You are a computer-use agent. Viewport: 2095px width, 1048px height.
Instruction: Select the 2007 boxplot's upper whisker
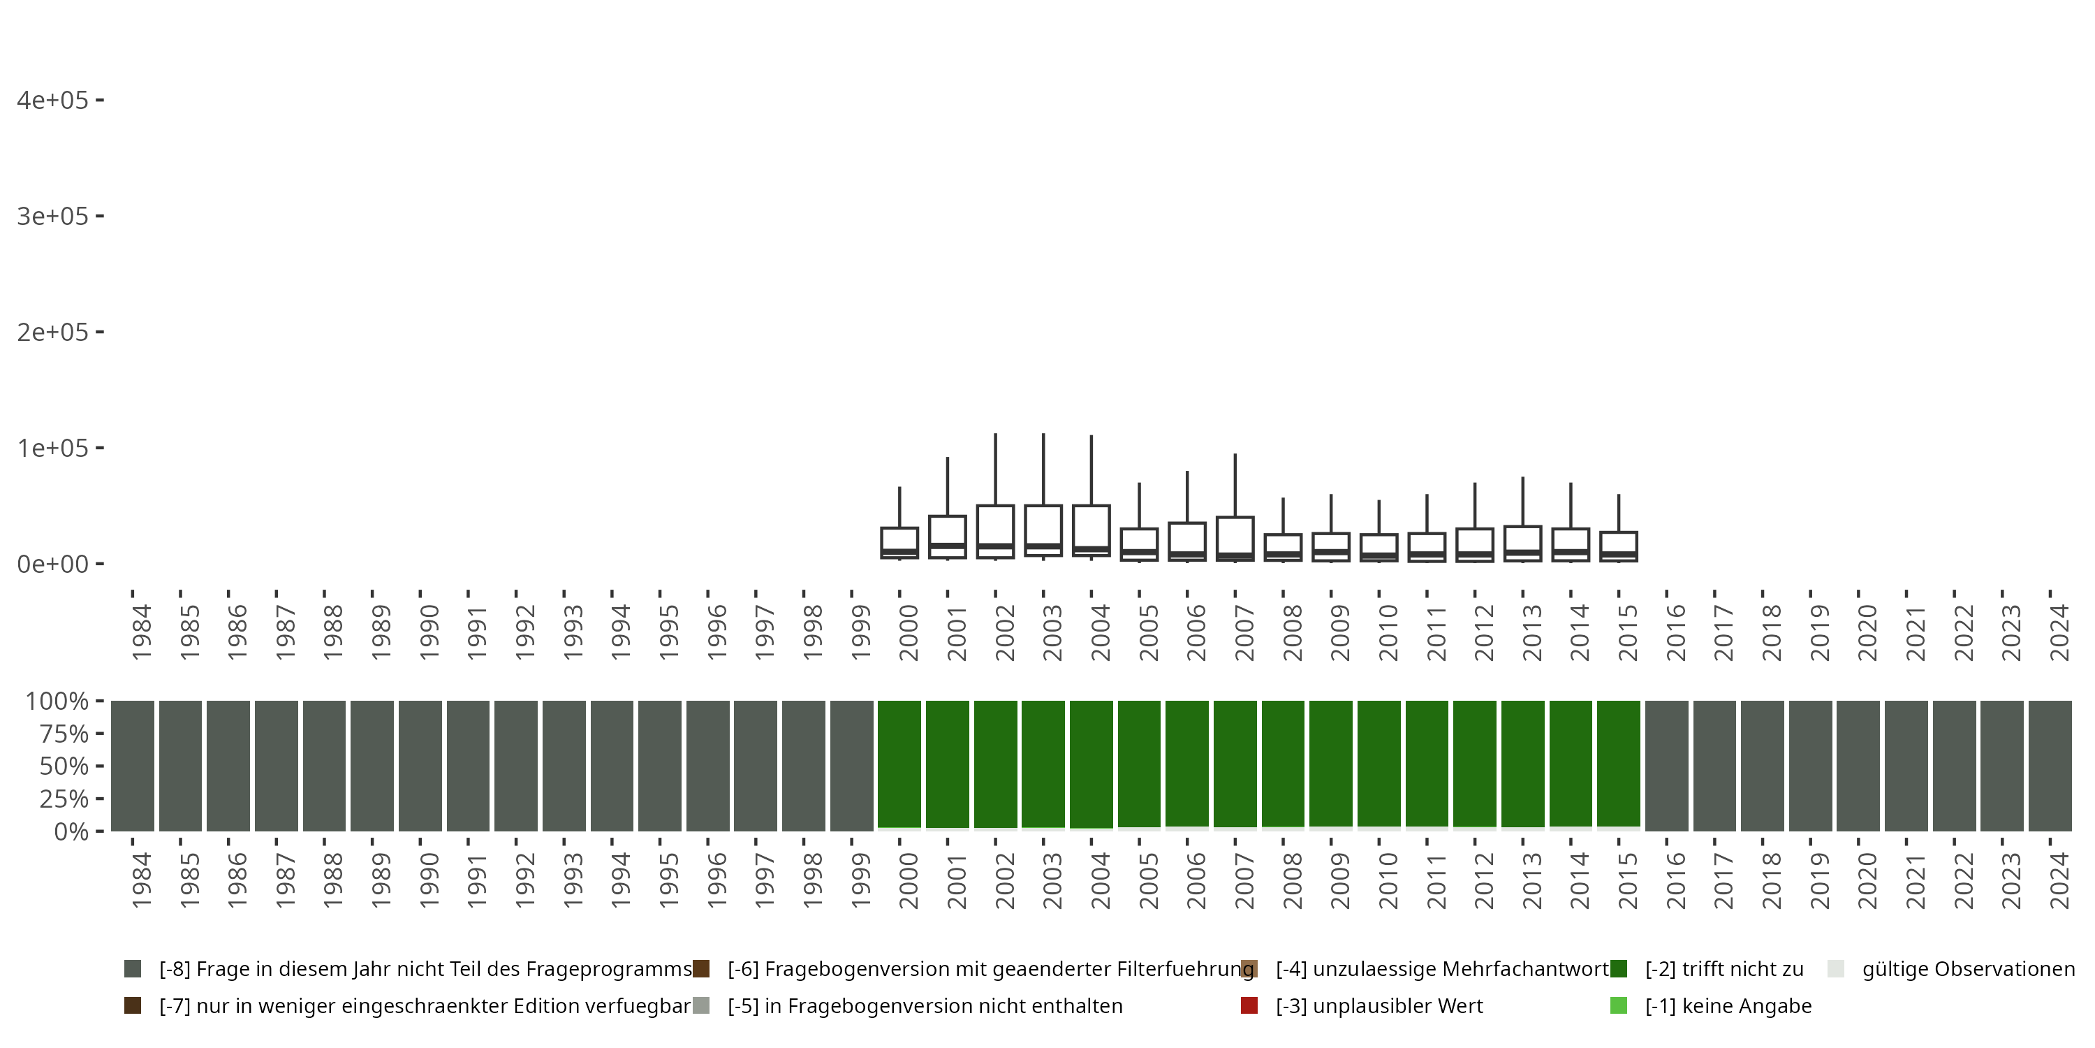(x=1235, y=485)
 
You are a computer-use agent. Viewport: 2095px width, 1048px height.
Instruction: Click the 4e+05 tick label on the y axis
(x=53, y=100)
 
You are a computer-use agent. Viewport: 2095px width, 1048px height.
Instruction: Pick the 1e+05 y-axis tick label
(x=53, y=449)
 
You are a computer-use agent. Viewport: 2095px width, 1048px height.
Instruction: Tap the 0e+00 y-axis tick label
(x=53, y=564)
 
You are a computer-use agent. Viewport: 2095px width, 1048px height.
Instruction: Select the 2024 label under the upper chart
(x=2059, y=632)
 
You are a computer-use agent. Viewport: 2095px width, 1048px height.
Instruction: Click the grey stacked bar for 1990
(x=420, y=766)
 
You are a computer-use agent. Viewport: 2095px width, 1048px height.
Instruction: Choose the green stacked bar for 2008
(x=1284, y=763)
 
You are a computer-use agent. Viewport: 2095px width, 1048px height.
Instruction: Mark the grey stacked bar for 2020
(x=1858, y=766)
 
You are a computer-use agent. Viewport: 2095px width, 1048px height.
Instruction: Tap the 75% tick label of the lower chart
(x=64, y=734)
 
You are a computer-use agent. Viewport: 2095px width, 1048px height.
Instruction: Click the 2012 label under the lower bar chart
(x=1484, y=881)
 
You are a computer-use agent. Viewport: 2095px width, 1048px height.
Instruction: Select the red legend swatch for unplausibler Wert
(x=1249, y=1005)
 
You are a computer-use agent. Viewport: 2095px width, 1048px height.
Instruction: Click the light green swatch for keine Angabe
(x=1619, y=1005)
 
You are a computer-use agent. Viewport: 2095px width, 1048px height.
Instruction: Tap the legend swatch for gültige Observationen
(x=1835, y=969)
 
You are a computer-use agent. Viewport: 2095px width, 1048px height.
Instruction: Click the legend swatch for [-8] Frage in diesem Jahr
(x=133, y=969)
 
